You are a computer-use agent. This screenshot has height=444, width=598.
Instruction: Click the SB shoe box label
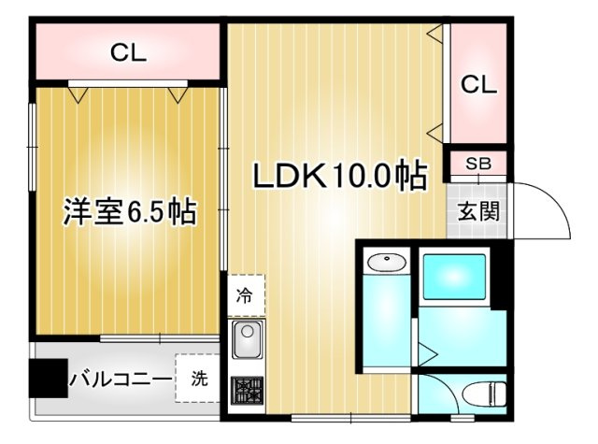point(477,164)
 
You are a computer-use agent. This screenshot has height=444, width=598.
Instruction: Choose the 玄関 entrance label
point(477,209)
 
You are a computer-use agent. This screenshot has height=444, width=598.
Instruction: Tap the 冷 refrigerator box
point(245,297)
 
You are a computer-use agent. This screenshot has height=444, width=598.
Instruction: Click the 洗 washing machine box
point(199,380)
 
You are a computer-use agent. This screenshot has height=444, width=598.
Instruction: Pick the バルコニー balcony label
point(120,380)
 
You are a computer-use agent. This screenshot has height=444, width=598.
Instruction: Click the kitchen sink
point(247,341)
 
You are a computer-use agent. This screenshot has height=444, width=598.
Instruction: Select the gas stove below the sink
point(247,390)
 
